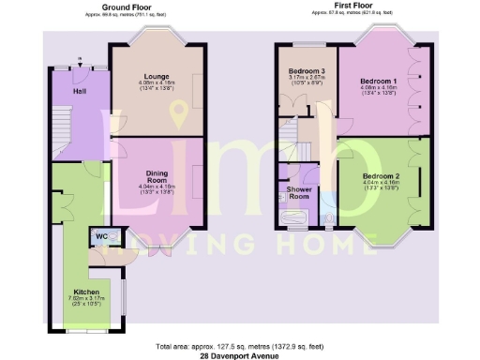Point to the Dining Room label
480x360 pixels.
pos(156,175)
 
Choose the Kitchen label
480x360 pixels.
pos(86,292)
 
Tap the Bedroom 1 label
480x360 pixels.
pos(379,82)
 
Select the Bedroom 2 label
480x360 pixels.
pos(382,176)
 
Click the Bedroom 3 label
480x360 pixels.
pos(307,71)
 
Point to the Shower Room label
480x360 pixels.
pos(299,191)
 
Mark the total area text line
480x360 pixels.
pos(240,342)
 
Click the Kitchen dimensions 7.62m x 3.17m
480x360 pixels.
pos(86,302)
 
